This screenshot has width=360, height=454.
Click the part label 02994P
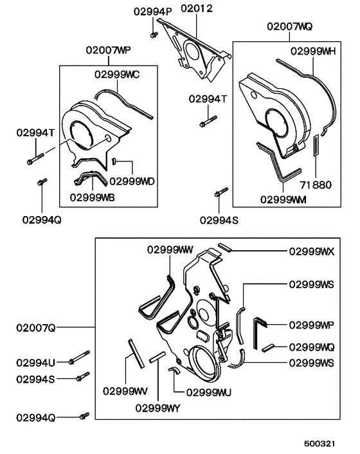[152, 12]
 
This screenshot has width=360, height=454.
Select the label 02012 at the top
[197, 8]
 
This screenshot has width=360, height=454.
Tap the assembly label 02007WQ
[290, 26]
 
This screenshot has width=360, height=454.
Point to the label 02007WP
[108, 50]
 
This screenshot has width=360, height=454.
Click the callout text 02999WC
[117, 75]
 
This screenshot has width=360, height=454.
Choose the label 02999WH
[313, 51]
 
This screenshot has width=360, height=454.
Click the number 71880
[316, 185]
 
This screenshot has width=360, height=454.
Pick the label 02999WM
[283, 199]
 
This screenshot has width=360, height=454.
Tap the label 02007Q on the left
[35, 328]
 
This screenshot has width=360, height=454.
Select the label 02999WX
[312, 251]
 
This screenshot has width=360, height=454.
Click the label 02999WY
[157, 408]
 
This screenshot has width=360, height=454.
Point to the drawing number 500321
[319, 444]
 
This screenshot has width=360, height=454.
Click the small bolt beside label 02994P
[154, 35]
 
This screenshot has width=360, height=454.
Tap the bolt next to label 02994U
[80, 358]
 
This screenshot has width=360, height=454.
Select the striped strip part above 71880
[316, 145]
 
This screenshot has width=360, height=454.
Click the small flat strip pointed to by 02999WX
[224, 248]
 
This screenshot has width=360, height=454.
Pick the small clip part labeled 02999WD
[114, 161]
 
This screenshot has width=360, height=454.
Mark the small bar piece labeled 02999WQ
[268, 348]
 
